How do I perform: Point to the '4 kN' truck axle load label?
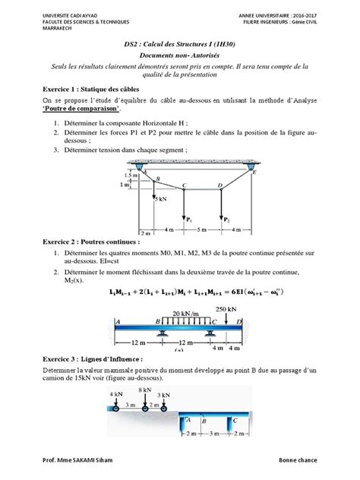coord(115,395)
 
